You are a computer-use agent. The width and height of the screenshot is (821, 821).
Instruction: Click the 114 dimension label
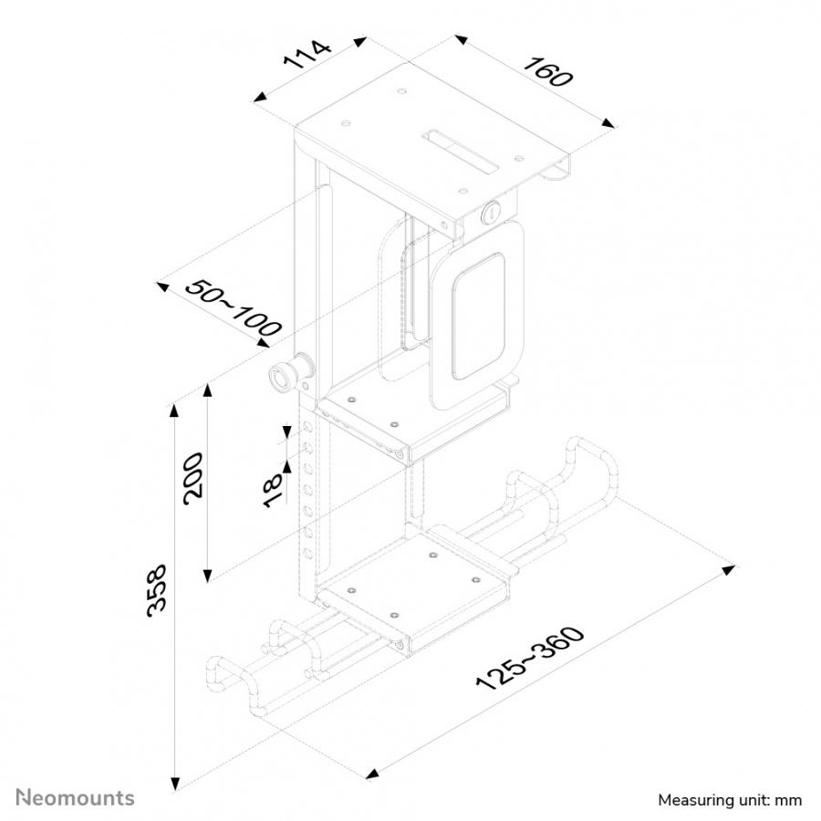307,55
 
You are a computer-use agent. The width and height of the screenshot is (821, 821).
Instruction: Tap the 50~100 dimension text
234,308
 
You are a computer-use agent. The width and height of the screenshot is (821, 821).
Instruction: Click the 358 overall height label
157,590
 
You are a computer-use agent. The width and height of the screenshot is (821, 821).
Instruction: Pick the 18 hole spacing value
273,491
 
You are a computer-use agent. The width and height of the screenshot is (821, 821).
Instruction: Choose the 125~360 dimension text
530,658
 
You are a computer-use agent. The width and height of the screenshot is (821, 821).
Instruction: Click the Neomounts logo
75,798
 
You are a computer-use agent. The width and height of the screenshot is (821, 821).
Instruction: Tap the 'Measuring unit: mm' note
730,800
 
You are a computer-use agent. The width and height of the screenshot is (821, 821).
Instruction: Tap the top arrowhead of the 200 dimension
208,390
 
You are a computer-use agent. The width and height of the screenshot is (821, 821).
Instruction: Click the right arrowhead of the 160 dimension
608,123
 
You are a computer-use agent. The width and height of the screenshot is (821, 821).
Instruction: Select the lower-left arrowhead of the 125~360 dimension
372,774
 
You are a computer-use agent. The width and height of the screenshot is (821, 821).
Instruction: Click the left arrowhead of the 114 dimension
260,97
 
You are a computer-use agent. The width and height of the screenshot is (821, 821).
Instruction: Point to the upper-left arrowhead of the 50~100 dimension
162,286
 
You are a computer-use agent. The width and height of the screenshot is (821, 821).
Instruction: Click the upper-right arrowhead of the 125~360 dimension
728,569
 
